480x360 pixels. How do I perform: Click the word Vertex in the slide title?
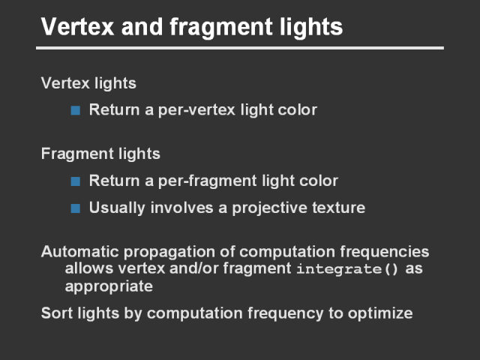(x=78, y=27)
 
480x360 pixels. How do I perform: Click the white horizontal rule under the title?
(x=240, y=48)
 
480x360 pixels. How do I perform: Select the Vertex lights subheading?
(x=88, y=83)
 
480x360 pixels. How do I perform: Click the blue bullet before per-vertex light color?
(x=75, y=110)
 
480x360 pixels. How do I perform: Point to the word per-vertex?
(x=196, y=110)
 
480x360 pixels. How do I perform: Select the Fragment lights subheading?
(x=100, y=154)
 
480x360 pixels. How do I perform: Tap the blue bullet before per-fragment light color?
(x=75, y=181)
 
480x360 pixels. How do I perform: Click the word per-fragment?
(x=207, y=181)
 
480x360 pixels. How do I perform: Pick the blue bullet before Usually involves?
(x=75, y=208)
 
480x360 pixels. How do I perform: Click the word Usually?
(x=117, y=208)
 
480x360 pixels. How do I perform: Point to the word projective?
(x=269, y=208)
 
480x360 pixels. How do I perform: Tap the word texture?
(x=339, y=208)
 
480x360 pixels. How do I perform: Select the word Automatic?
(x=80, y=252)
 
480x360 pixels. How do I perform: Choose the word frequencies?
(x=385, y=253)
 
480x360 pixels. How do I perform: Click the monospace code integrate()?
(x=347, y=269)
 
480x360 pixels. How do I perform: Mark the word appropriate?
(x=109, y=286)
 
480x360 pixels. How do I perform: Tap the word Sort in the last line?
(x=57, y=313)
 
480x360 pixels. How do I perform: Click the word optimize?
(x=380, y=313)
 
